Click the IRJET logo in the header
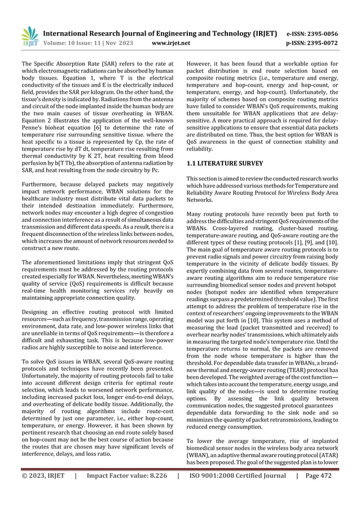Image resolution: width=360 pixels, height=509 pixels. (x=29, y=35)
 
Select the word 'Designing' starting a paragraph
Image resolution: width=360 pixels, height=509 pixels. (x=34, y=312)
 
